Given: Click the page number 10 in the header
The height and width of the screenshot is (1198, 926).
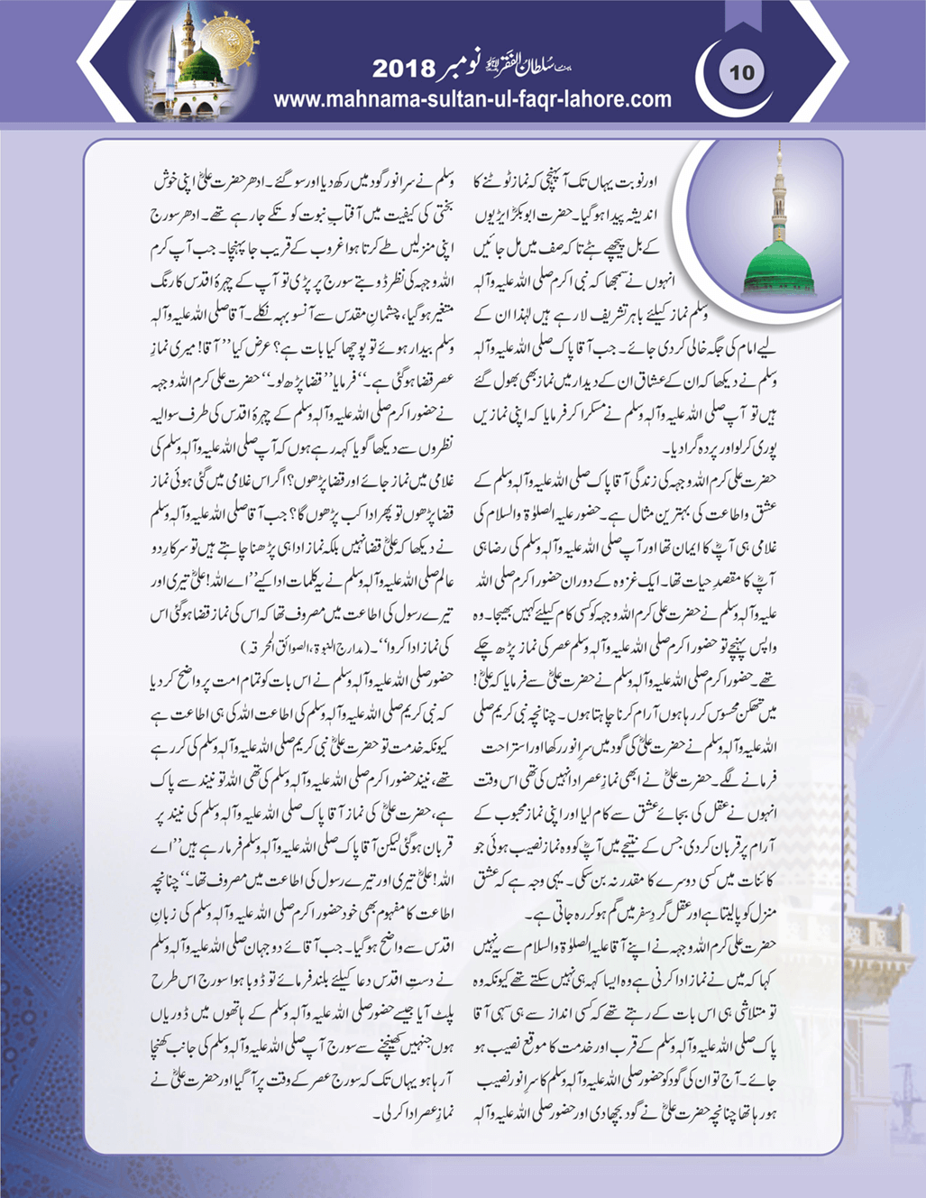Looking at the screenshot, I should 741,72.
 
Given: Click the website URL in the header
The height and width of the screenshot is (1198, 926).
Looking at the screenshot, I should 472,99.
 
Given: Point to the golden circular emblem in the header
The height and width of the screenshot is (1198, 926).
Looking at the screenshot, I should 229,41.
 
